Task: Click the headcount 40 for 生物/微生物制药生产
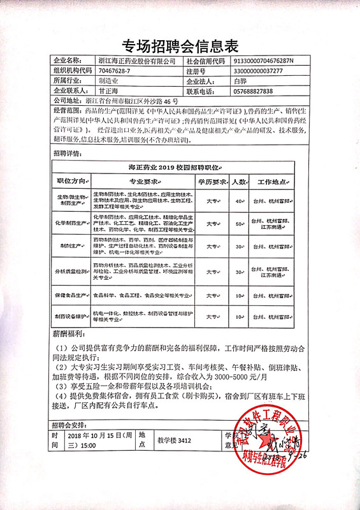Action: tap(240, 201)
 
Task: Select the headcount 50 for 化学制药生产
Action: tap(240, 224)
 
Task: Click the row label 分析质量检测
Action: tap(72, 272)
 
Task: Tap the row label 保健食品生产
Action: tap(72, 296)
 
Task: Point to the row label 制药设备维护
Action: tap(72, 316)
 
